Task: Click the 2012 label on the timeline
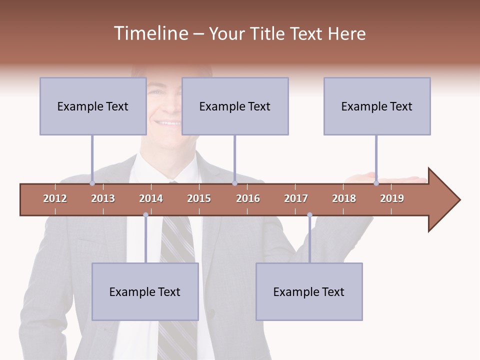(55, 198)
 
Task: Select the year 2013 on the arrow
(103, 198)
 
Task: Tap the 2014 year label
(151, 198)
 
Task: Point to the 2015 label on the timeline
(199, 198)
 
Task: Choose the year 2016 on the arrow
(248, 198)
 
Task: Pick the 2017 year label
(296, 198)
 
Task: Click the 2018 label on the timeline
(344, 198)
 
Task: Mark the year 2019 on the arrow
(392, 198)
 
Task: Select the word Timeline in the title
(149, 33)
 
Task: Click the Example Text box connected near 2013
(93, 106)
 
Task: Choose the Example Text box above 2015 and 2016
(235, 106)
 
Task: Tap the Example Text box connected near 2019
(377, 106)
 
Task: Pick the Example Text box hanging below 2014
(145, 291)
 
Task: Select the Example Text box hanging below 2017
(309, 291)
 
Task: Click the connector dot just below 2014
(145, 215)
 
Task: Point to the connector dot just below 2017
(309, 215)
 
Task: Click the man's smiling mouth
(168, 122)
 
